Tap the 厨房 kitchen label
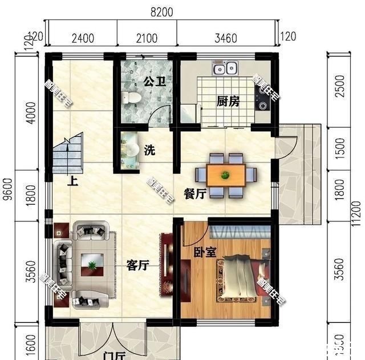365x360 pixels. (228, 102)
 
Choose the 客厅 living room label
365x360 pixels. (137, 265)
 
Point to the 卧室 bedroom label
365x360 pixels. (204, 251)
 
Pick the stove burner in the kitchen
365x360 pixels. (263, 104)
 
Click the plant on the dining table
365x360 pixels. (226, 174)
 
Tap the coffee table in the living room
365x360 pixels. (91, 263)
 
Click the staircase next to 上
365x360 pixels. (69, 153)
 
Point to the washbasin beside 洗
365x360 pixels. (131, 150)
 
